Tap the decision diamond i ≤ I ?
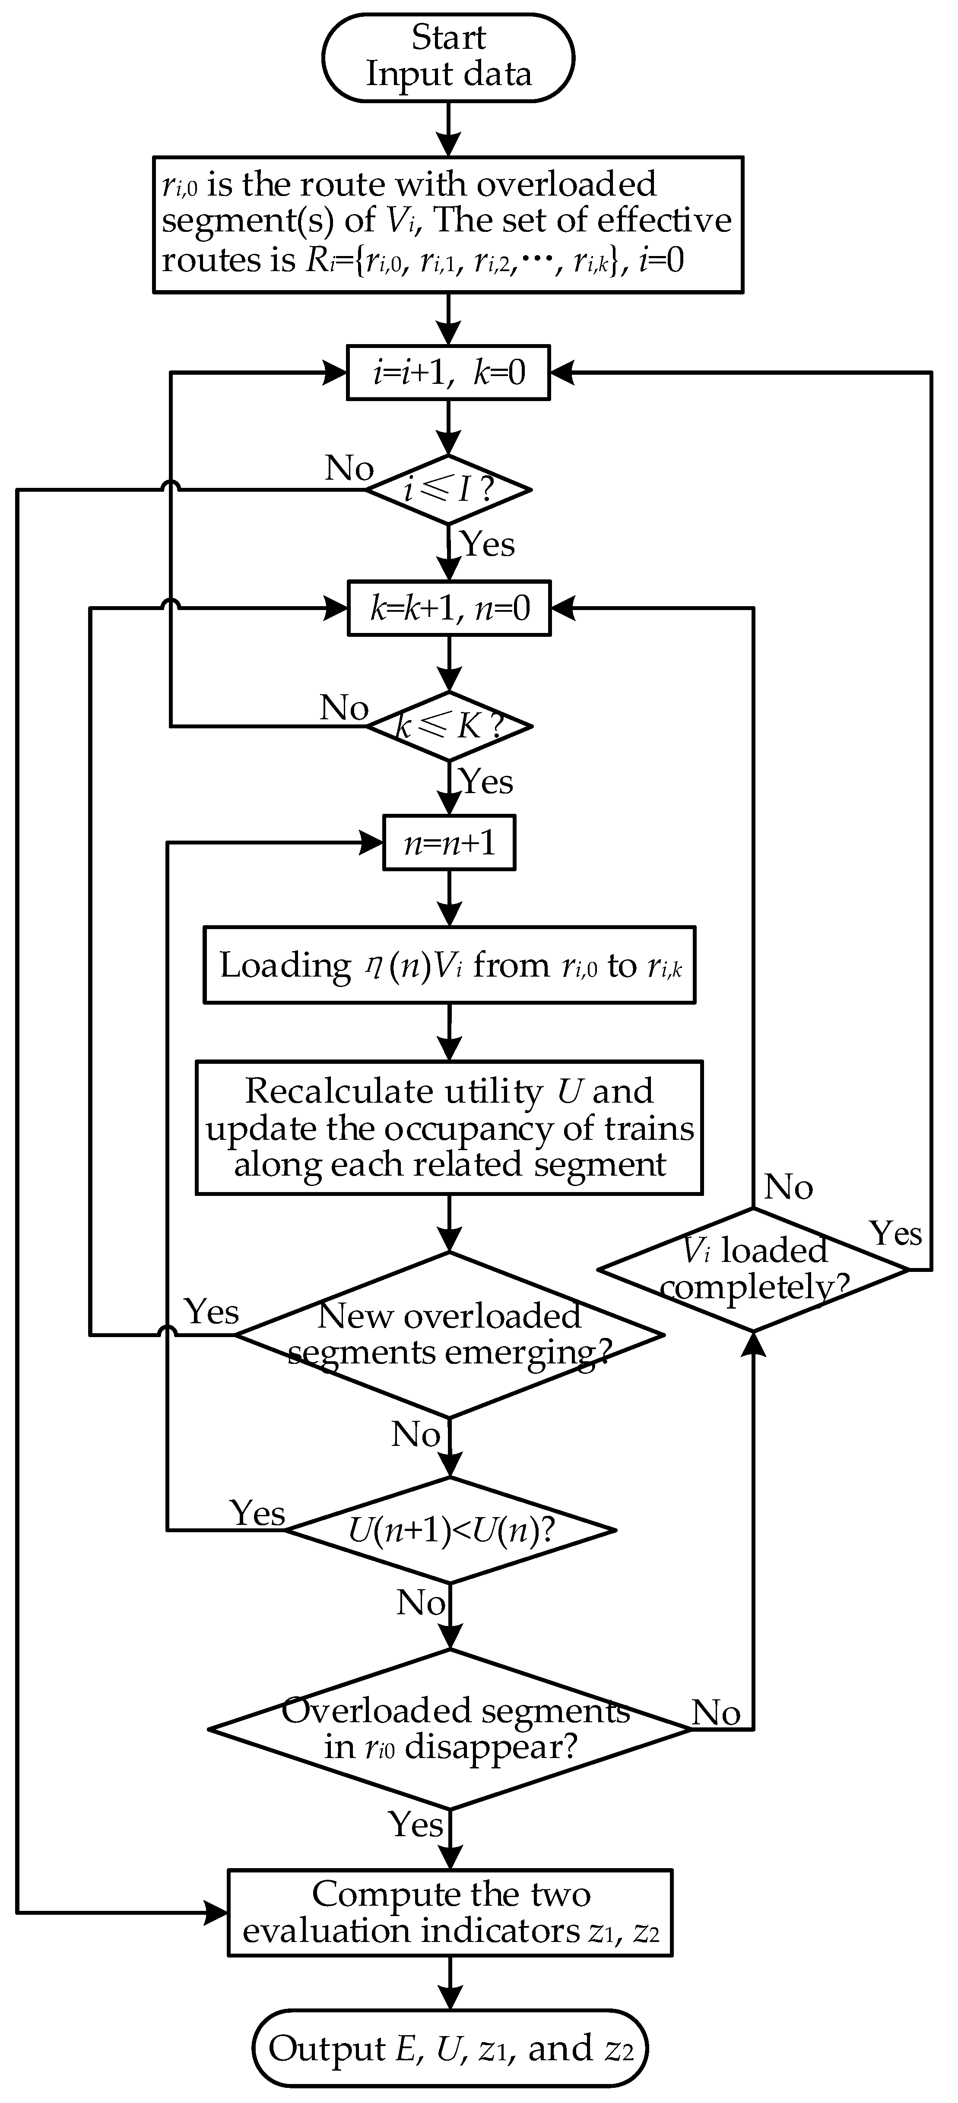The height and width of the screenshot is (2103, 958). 448,490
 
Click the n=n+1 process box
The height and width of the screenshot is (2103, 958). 449,843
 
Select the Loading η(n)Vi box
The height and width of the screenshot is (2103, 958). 449,965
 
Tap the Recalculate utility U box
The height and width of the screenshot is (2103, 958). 449,1127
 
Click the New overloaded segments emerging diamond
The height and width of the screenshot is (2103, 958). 449,1335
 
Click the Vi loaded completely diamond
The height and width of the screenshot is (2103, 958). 753,1269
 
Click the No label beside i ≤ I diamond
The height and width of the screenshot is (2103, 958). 349,468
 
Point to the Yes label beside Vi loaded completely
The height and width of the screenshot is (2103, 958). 895,1233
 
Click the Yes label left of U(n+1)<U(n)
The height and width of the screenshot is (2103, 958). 257,1513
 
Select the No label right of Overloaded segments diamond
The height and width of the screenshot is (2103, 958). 716,1713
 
